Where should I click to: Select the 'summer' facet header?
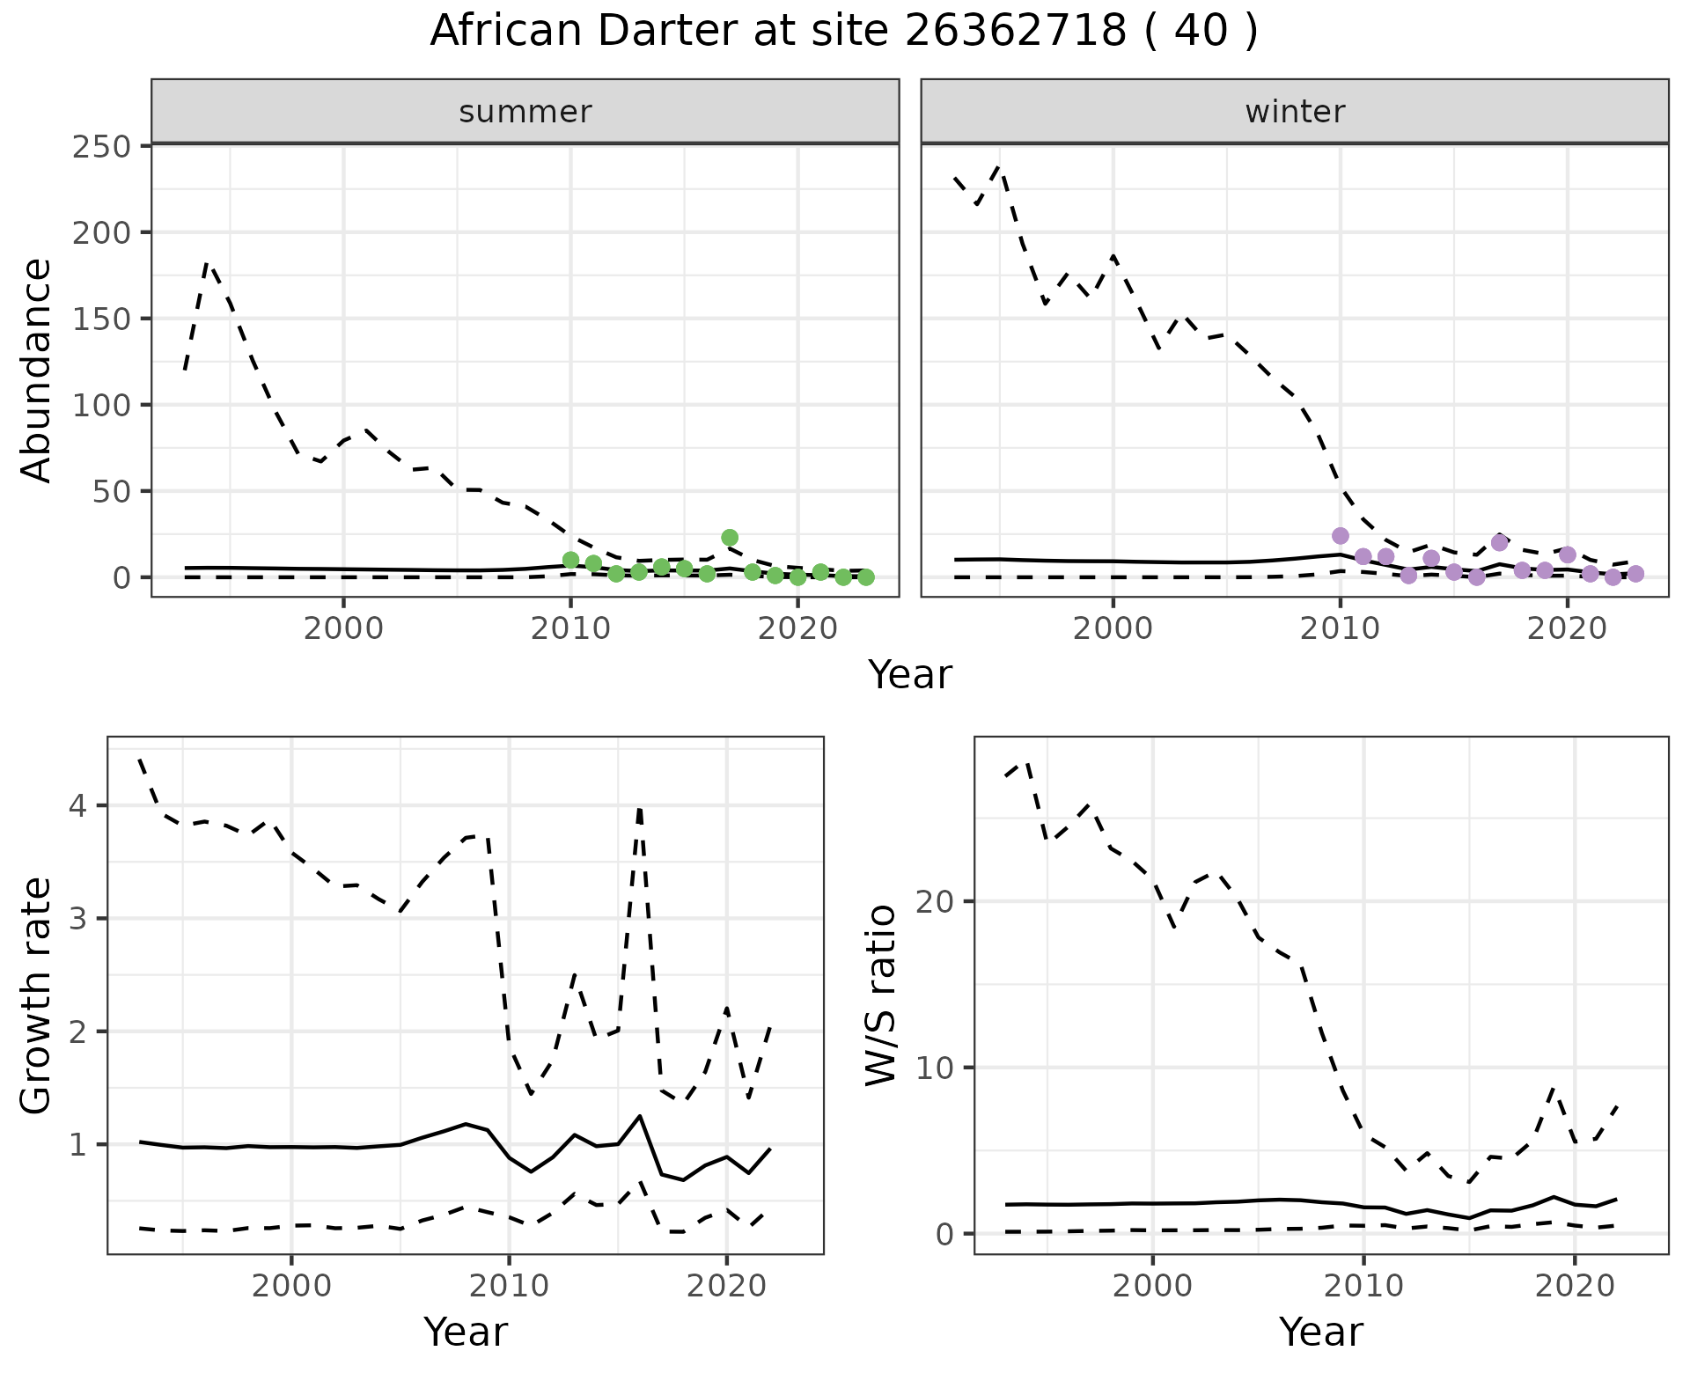pos(525,112)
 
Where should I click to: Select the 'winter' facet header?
pos(1295,112)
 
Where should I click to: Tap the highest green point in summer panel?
pos(730,538)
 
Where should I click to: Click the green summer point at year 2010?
pos(570,561)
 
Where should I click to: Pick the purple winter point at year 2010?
pos(1341,536)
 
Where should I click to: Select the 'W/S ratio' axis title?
pos(880,995)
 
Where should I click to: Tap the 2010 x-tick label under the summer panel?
pos(570,629)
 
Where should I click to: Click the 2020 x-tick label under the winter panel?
pos(1567,629)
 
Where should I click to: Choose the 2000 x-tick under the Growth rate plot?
pos(291,1286)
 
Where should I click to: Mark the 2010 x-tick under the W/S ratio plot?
pos(1363,1286)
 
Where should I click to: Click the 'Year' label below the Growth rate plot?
pos(466,1333)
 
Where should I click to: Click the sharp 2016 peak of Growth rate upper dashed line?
pos(639,808)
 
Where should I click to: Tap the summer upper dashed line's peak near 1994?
pos(207,262)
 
